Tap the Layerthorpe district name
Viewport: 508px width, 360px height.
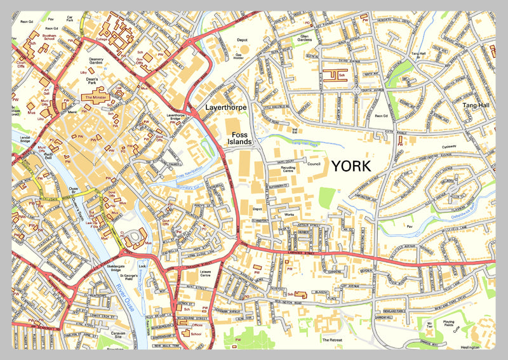[x=224, y=108]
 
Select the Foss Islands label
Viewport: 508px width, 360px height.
[x=241, y=140]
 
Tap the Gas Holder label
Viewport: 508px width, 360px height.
[x=239, y=57]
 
